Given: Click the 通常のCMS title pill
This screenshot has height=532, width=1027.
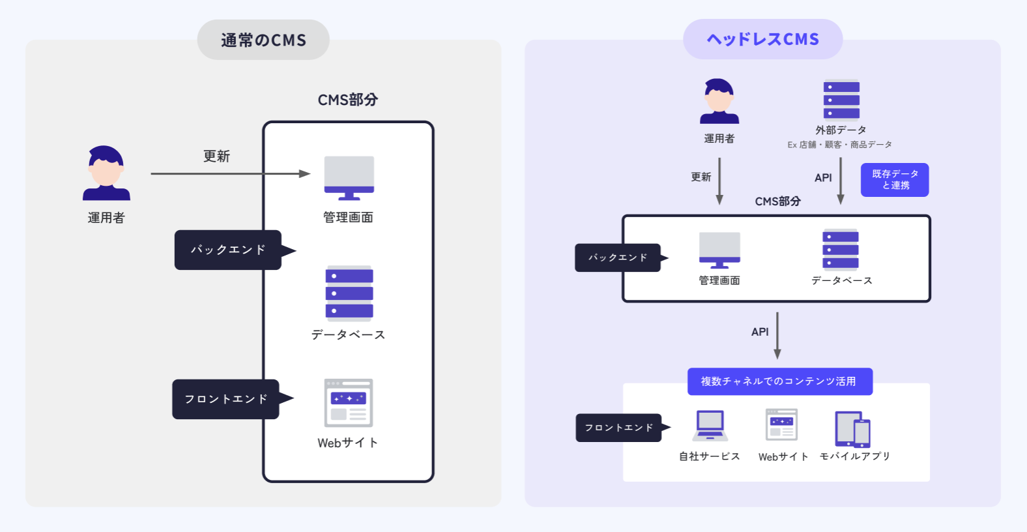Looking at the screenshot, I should click(x=263, y=40).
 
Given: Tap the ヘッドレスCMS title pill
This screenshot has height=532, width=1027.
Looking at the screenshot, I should click(x=762, y=39).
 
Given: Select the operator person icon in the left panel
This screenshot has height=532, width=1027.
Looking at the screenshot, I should click(x=106, y=173).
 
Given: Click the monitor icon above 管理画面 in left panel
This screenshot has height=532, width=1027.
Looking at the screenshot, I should click(x=349, y=177).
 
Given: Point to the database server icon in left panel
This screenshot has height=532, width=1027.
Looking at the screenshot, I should click(x=349, y=293).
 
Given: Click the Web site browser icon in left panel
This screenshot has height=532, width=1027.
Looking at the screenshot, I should click(x=349, y=403).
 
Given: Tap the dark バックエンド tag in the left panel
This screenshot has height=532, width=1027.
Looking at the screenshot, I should click(x=228, y=250).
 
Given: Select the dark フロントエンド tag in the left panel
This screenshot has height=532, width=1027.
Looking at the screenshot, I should click(x=226, y=399).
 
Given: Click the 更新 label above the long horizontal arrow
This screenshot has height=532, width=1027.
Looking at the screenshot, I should click(x=216, y=156).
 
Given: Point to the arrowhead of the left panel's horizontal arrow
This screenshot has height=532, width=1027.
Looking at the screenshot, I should click(x=305, y=173).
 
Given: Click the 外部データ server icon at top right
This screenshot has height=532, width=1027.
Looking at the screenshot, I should click(x=841, y=100).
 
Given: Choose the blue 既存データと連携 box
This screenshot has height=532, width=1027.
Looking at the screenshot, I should click(x=895, y=180).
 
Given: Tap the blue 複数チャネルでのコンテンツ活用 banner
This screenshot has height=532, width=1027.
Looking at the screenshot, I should click(x=779, y=381).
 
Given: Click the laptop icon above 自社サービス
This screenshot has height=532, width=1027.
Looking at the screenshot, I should click(x=710, y=426).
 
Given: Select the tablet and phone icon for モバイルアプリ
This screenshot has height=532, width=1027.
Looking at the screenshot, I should click(x=853, y=428).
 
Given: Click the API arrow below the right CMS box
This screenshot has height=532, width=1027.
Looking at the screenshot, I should click(x=777, y=336).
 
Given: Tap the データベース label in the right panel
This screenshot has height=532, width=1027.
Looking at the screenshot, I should click(x=841, y=280).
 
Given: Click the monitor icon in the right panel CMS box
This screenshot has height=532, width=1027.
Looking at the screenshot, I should click(x=719, y=250).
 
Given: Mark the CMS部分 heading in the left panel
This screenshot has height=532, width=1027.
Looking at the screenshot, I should click(x=347, y=100).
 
